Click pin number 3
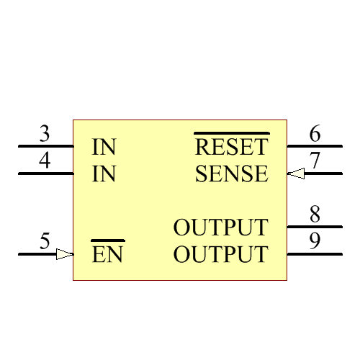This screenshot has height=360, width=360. [45, 134]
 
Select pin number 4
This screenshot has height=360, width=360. [45, 161]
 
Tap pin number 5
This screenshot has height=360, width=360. [45, 241]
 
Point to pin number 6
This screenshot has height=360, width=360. [315, 134]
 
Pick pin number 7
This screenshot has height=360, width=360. [315, 161]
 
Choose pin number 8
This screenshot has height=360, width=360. [315, 215]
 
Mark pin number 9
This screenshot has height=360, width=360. [315, 241]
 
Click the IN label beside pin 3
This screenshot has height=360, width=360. [104, 148]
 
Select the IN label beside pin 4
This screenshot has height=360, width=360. [104, 174]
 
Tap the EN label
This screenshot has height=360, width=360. [107, 255]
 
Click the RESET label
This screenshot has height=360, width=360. [231, 148]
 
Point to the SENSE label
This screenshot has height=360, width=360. [231, 174]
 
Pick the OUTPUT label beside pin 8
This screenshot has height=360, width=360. [220, 228]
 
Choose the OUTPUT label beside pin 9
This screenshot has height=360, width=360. [220, 255]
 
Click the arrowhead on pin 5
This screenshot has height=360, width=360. [65, 254]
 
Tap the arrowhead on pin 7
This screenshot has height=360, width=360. [295, 174]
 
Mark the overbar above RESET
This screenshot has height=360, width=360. [231, 133]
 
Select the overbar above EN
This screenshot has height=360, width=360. [107, 240]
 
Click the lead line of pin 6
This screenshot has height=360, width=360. [315, 146]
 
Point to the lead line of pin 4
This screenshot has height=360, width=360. [45, 174]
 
